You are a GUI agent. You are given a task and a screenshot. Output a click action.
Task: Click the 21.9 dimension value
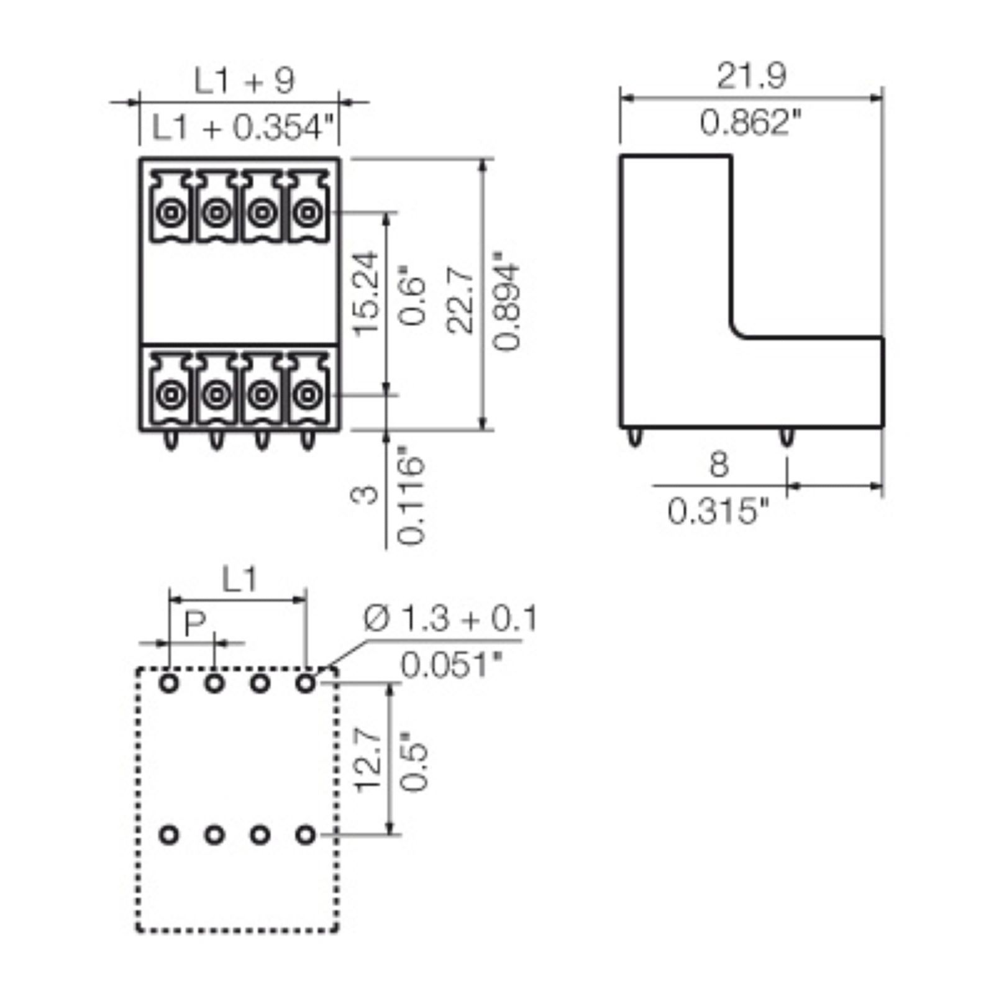point(752,76)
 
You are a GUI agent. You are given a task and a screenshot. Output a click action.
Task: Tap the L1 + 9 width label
point(244,81)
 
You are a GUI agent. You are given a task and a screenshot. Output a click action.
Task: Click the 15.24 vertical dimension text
point(366,293)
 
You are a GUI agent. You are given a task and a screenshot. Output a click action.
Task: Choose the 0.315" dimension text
point(719,512)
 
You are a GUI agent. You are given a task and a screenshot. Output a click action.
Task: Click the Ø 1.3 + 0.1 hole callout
point(450,619)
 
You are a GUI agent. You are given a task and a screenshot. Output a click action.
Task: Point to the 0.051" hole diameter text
point(451,665)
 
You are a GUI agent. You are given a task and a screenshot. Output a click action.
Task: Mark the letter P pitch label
point(194,624)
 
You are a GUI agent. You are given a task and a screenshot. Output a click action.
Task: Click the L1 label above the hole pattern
point(239,581)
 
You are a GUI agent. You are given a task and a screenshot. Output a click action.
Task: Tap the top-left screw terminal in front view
point(169,213)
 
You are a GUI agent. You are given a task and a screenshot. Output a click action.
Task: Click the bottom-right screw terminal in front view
point(306,393)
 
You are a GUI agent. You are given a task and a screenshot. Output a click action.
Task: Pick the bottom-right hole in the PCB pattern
point(305,834)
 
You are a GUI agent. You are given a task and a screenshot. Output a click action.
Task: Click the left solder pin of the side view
point(633,437)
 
